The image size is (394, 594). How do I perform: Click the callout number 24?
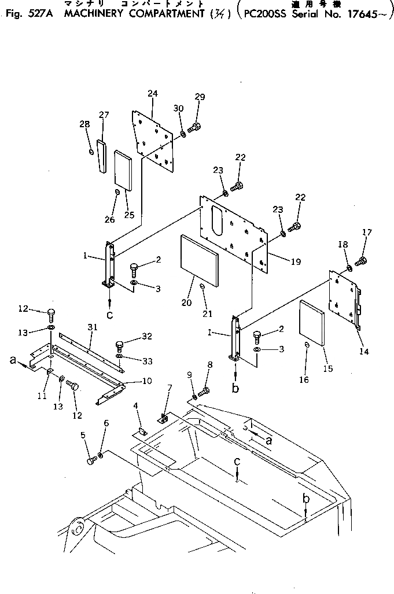tap(152, 94)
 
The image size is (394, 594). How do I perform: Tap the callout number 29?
tap(200, 97)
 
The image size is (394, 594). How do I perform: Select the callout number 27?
tap(104, 115)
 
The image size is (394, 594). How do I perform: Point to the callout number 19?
tap(295, 261)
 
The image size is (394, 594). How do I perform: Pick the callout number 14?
tap(363, 351)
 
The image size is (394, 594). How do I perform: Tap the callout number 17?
tap(367, 233)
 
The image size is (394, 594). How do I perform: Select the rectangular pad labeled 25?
tap(124, 169)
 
